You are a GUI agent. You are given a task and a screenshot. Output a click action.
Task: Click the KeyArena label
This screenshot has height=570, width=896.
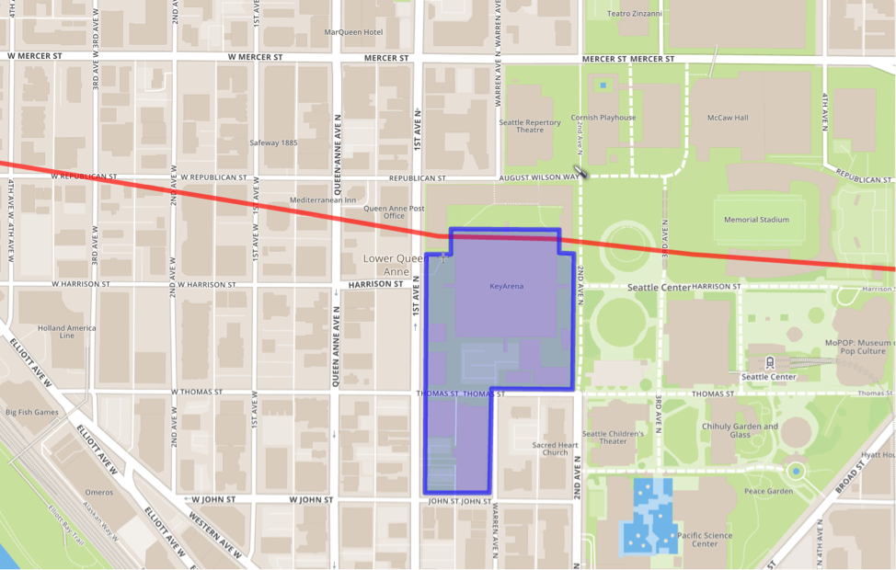pos(506,286)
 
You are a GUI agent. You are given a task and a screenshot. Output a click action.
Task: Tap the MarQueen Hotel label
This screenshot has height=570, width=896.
pos(353,32)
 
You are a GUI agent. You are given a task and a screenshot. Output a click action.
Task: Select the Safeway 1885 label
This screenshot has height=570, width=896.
pos(274,142)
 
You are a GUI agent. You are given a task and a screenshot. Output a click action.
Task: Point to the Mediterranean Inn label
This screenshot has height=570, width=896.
pos(323,199)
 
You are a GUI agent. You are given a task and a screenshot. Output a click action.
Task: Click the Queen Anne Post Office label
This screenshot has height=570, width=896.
pos(394,213)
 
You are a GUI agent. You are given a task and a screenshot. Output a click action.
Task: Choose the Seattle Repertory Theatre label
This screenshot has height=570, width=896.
pos(530,126)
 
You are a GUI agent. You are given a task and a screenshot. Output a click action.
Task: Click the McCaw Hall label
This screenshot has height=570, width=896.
pos(728,118)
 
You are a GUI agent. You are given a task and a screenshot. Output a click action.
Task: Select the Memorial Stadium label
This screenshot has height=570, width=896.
pos(756,220)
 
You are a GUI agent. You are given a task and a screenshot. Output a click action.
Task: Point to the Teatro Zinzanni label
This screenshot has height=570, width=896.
pos(636,14)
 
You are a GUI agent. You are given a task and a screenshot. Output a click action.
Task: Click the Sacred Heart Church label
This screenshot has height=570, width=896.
pos(556,448)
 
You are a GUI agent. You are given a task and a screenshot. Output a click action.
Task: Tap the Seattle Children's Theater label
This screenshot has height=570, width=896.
pos(613,437)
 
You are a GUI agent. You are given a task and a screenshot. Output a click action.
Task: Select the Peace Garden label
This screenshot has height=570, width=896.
pos(769,491)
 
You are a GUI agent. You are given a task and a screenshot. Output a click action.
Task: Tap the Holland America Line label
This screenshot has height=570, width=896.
pos(66,332)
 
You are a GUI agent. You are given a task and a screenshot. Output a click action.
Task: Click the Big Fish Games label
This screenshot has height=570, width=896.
pos(31,412)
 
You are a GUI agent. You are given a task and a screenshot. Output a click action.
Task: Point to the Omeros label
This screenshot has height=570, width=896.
pos(99,492)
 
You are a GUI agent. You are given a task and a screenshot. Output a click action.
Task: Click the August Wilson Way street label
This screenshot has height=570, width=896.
pos(539,177)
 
